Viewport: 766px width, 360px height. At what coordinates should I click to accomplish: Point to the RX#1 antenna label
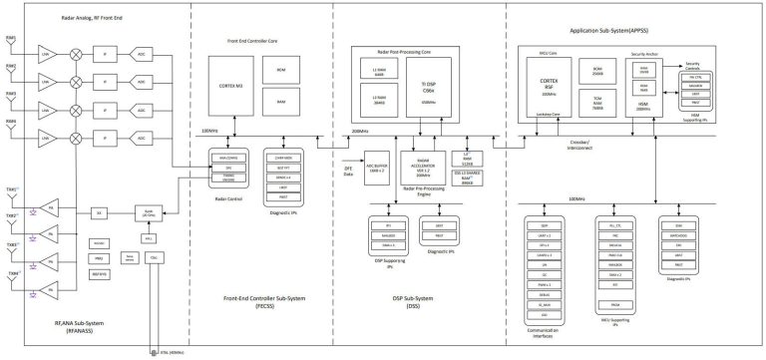[x=10, y=39]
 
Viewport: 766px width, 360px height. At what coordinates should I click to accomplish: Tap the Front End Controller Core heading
[x=245, y=40]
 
